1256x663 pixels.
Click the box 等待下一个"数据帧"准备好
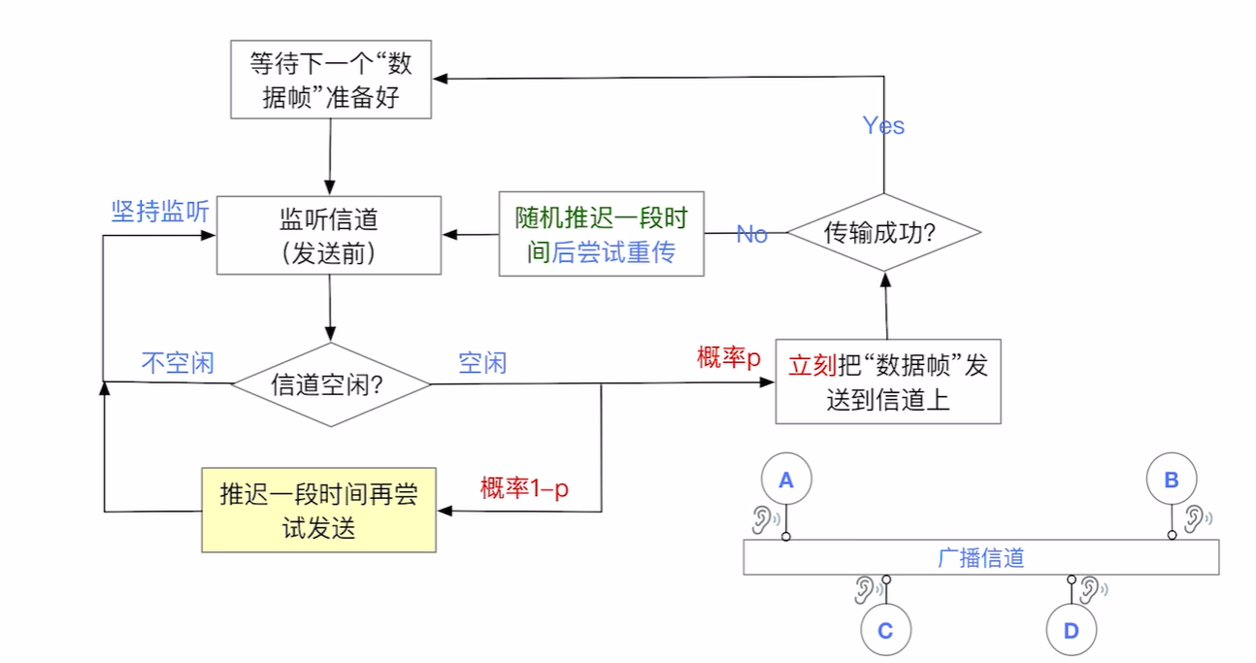tap(331, 81)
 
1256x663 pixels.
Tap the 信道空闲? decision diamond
tap(331, 384)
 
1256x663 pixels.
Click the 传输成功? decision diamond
tap(883, 233)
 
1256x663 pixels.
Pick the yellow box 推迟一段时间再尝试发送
tap(318, 511)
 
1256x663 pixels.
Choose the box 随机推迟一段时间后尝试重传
tap(601, 234)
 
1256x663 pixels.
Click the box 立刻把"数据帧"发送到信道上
tap(887, 381)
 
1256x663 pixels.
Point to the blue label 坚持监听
tap(160, 213)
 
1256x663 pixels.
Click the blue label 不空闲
tap(178, 363)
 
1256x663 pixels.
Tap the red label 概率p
tap(729, 357)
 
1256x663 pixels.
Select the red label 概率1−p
tap(524, 488)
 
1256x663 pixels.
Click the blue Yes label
tap(883, 125)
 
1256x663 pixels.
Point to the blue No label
tap(752, 234)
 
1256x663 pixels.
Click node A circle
tap(786, 479)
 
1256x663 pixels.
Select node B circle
tap(1172, 479)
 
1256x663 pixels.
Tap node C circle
tap(885, 631)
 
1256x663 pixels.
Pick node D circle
tap(1072, 631)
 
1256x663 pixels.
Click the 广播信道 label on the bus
tap(981, 558)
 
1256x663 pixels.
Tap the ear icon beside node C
tap(865, 588)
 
